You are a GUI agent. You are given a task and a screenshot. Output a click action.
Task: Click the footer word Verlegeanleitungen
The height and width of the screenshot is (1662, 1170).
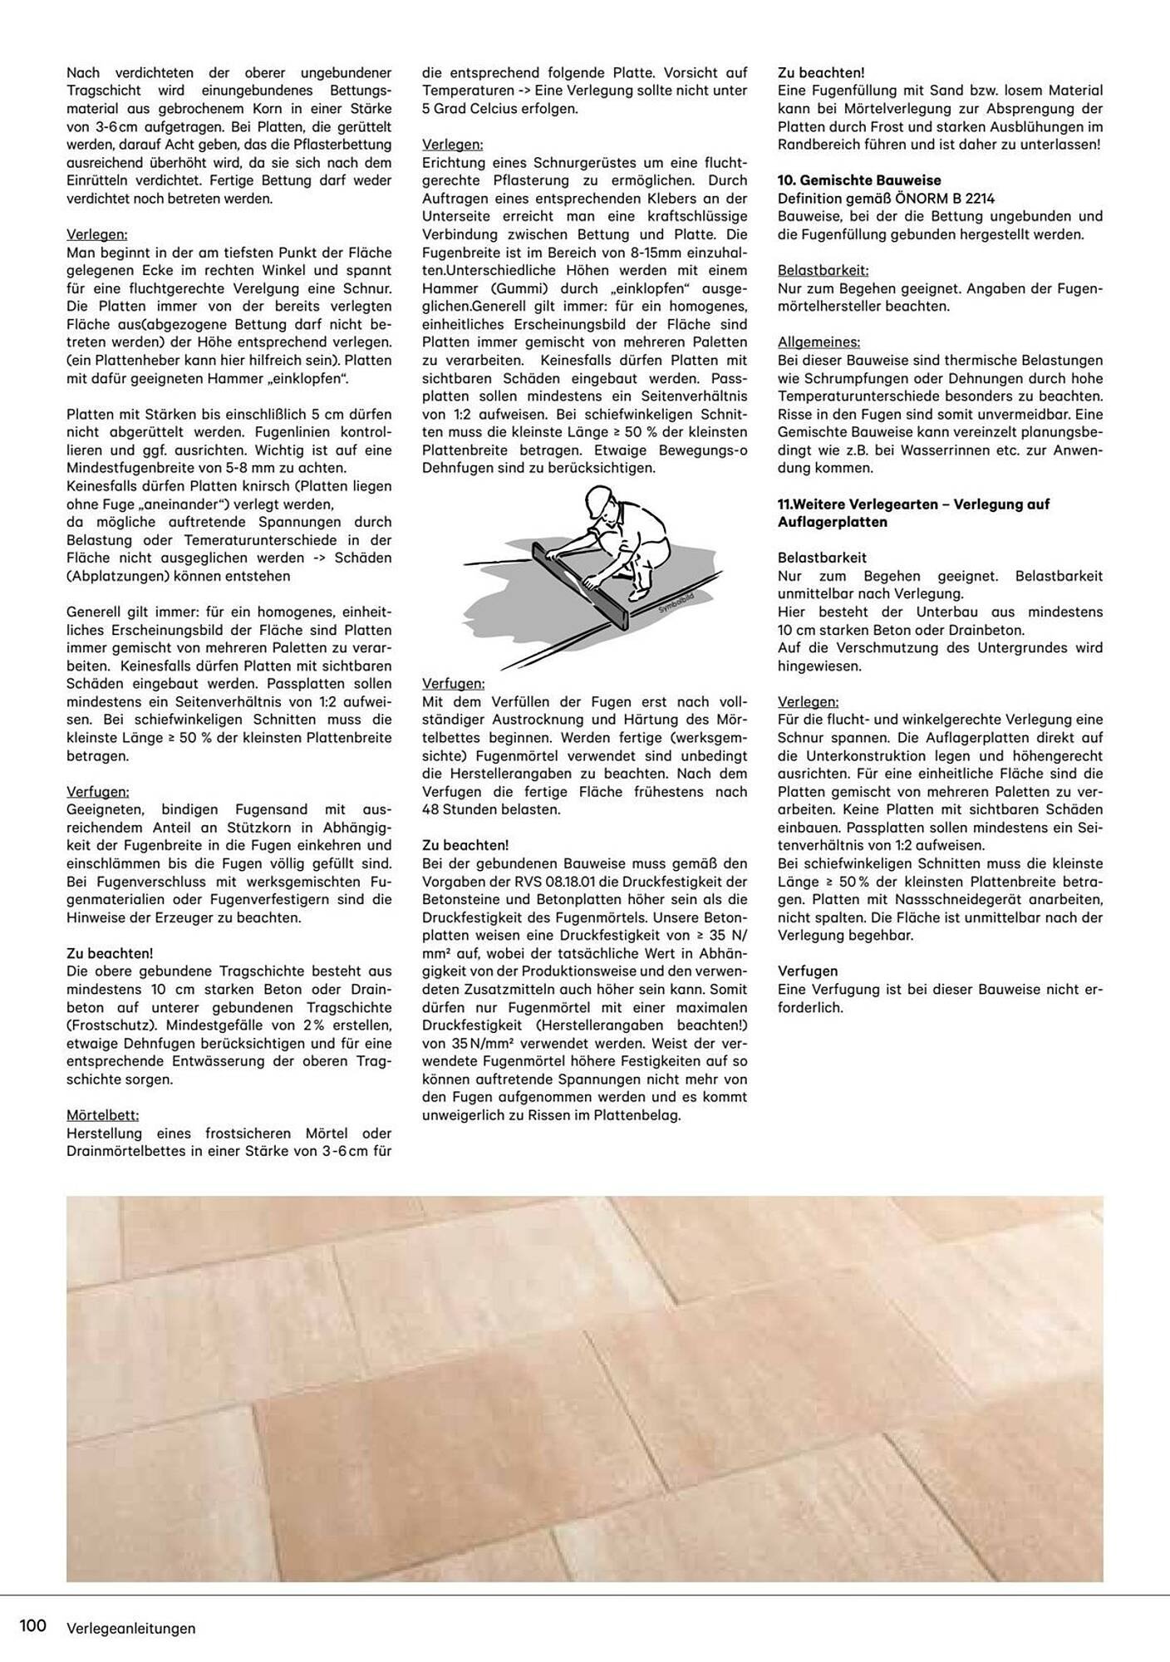[x=131, y=1628]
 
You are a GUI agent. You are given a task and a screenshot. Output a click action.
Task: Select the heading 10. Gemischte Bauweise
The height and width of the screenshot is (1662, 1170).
[x=859, y=180]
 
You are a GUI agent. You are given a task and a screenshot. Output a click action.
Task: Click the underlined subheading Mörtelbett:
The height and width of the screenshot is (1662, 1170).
[x=102, y=1115]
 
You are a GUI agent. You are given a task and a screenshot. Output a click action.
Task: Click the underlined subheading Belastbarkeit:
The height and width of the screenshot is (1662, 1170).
[x=823, y=270]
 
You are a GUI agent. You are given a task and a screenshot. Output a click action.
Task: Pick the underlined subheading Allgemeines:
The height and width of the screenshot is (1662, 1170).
[x=819, y=342]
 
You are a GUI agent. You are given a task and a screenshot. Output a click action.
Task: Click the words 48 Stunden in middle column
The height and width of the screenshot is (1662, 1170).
[x=462, y=809]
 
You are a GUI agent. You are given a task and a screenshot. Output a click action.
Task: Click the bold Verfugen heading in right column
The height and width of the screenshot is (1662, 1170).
[x=807, y=971]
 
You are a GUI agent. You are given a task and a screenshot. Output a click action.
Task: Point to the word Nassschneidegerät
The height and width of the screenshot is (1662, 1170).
[x=947, y=900]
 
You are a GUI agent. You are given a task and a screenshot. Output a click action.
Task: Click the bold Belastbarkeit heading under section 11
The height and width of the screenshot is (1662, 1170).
[x=822, y=558]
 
